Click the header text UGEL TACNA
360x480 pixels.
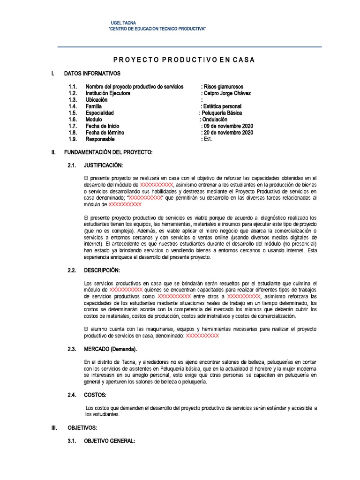pyautogui.click(x=123, y=23)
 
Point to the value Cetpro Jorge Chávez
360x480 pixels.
pyautogui.click(x=227, y=93)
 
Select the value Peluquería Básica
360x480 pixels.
pyautogui.click(x=221, y=113)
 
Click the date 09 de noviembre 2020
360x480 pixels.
pyautogui.click(x=228, y=126)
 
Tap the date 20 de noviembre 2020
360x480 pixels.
pyautogui.click(x=228, y=133)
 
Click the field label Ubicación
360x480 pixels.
pyautogui.click(x=97, y=100)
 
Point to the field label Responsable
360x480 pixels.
pyautogui.click(x=100, y=139)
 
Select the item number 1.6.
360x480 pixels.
pyautogui.click(x=72, y=120)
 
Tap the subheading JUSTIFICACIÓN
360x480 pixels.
pyautogui.click(x=103, y=165)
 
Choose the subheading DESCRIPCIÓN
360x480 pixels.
pyautogui.click(x=102, y=270)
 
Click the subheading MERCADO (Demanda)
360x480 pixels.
pyautogui.click(x=110, y=349)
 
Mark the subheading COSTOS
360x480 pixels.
pyautogui.click(x=95, y=395)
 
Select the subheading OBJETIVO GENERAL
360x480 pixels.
pyautogui.click(x=109, y=441)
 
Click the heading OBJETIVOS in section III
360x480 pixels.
pyautogui.click(x=82, y=428)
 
